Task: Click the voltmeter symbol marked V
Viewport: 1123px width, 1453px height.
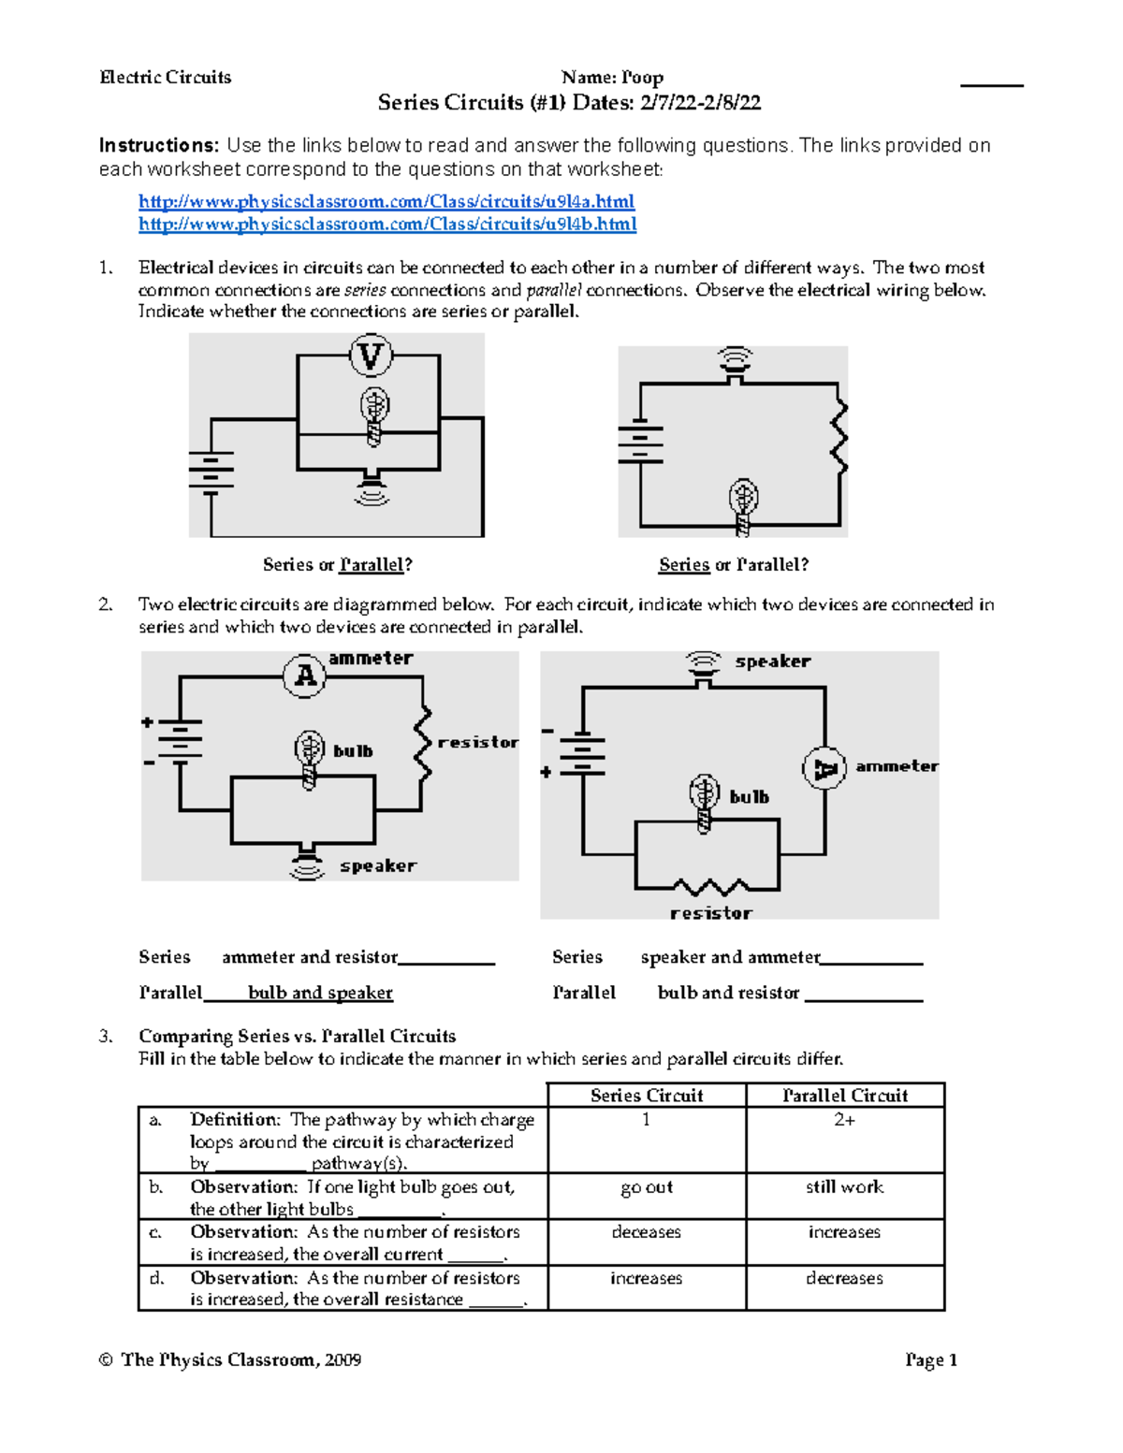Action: point(371,356)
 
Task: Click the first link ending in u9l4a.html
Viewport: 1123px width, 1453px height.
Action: point(386,201)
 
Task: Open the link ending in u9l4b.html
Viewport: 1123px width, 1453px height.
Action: point(386,224)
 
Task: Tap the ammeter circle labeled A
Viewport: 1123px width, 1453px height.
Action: point(304,675)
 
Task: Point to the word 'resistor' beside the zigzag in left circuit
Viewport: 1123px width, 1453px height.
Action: point(477,742)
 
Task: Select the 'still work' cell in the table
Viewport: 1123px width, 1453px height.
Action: point(844,1186)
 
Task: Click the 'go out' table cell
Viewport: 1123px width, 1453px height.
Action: point(646,1186)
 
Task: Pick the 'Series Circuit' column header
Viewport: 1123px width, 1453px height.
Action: point(647,1096)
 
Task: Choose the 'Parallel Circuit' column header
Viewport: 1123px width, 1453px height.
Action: point(844,1096)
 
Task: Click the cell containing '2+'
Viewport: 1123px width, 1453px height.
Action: point(844,1120)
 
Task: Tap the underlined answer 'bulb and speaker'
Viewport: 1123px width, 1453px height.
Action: point(320,993)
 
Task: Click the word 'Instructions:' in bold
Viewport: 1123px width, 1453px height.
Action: point(159,145)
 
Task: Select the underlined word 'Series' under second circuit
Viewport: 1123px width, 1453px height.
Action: point(683,564)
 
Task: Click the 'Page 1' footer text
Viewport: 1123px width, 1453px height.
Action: point(930,1359)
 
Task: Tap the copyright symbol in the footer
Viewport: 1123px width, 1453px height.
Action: point(106,1359)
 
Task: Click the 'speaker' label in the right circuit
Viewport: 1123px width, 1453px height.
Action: point(772,661)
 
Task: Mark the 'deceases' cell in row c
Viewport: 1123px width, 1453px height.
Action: point(646,1232)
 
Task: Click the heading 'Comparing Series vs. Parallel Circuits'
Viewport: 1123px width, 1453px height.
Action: point(297,1036)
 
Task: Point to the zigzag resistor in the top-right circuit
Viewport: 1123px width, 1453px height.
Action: point(839,438)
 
